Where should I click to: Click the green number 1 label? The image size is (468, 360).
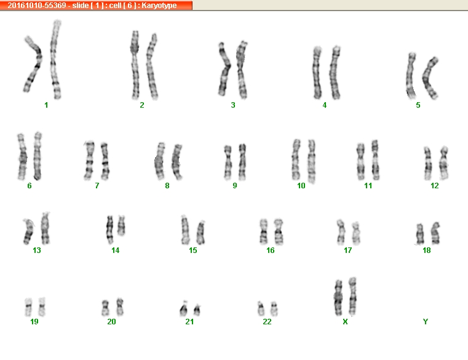pyautogui.click(x=46, y=105)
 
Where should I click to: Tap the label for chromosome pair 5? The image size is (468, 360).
pyautogui.click(x=418, y=105)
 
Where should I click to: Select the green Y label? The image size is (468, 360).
pyautogui.click(x=426, y=321)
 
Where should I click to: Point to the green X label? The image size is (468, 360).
pyautogui.click(x=346, y=321)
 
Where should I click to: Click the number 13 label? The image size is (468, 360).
pyautogui.click(x=37, y=250)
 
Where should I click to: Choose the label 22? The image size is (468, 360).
pyautogui.click(x=267, y=321)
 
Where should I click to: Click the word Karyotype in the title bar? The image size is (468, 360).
pyautogui.click(x=159, y=6)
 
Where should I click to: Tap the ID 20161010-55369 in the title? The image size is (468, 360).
pyautogui.click(x=37, y=6)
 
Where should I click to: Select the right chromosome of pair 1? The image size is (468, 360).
pyautogui.click(x=54, y=60)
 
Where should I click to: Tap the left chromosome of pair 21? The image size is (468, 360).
pyautogui.click(x=183, y=309)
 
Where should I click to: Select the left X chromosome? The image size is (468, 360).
pyautogui.click(x=338, y=298)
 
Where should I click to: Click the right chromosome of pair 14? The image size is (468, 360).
pyautogui.click(x=121, y=226)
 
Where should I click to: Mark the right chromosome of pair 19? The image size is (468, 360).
pyautogui.click(x=42, y=306)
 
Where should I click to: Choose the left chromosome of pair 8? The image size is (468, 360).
pyautogui.click(x=160, y=161)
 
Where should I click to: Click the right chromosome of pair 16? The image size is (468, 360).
pyautogui.click(x=279, y=232)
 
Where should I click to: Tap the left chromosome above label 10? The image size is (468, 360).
pyautogui.click(x=296, y=160)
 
